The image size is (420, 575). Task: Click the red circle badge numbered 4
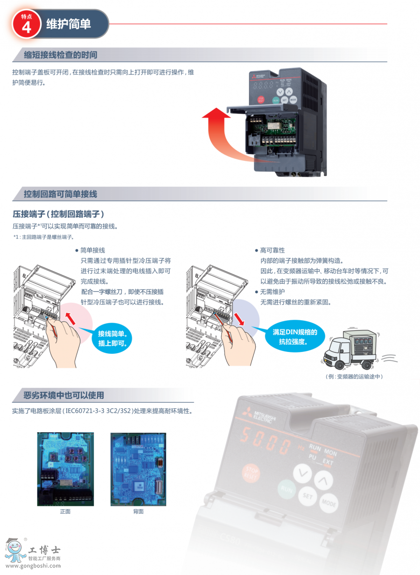(27, 24)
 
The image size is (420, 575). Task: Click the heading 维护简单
(69, 24)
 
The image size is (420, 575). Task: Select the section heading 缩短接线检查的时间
(61, 55)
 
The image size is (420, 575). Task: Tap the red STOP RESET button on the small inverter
(261, 99)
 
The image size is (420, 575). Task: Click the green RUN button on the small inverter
(276, 100)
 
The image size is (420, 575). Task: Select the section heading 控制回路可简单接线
(61, 194)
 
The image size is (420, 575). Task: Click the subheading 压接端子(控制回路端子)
(58, 214)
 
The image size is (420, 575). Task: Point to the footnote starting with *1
(44, 237)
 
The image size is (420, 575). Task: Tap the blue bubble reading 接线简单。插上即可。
(112, 338)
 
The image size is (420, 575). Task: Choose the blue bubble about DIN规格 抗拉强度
(295, 337)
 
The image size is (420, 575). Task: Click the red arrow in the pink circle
(70, 319)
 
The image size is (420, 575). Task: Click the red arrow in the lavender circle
(239, 319)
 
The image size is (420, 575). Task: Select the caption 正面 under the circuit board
(65, 512)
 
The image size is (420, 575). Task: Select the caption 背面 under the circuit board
(139, 512)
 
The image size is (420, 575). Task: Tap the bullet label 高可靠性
(273, 250)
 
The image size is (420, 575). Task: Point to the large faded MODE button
(329, 503)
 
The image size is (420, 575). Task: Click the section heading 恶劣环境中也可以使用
(64, 395)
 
